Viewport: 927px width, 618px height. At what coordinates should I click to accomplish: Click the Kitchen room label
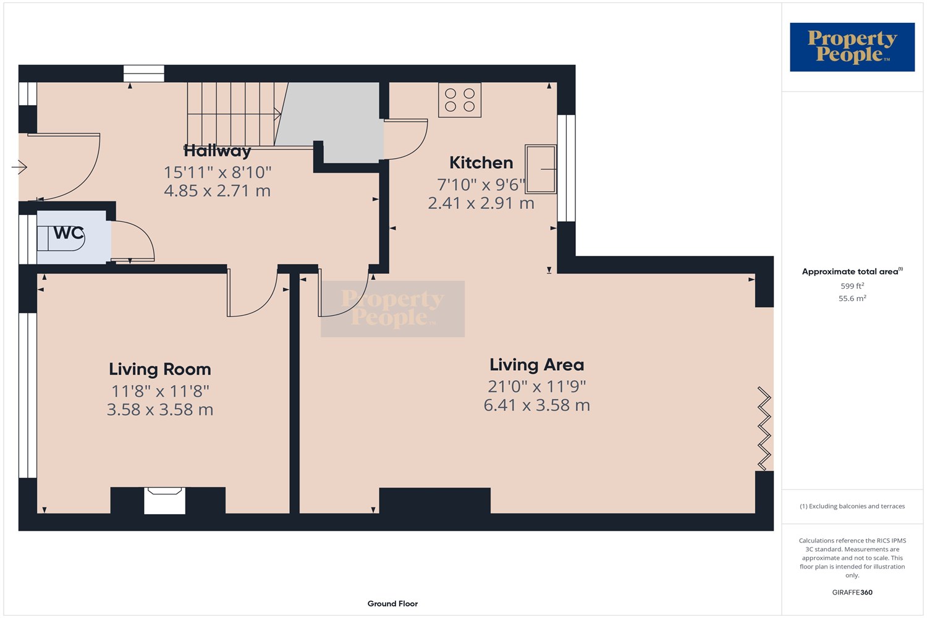click(481, 163)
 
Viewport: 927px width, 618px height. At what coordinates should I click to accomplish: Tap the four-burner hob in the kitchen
click(460, 100)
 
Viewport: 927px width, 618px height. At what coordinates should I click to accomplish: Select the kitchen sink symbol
click(540, 169)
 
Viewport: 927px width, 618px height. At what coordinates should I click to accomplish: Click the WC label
click(69, 233)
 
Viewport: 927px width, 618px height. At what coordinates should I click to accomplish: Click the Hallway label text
click(218, 151)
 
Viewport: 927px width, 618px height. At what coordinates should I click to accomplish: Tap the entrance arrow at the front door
click(19, 167)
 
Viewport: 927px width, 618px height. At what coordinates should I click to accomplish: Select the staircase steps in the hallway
click(232, 114)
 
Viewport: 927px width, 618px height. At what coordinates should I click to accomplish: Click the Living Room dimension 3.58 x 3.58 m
click(160, 410)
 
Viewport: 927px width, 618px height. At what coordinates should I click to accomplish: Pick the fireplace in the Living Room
click(164, 500)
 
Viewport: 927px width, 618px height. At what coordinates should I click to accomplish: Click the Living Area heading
click(536, 365)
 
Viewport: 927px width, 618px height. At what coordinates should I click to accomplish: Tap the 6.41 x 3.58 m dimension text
click(536, 405)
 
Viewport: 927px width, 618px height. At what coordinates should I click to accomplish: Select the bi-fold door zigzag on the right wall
click(764, 429)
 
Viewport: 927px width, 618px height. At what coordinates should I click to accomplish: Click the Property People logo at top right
click(852, 47)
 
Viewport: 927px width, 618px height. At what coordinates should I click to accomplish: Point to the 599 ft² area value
click(852, 286)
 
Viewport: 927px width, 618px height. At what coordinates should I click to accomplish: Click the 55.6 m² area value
click(852, 298)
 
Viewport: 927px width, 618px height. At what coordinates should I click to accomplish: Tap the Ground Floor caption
click(392, 604)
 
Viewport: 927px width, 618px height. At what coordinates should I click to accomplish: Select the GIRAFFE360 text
click(852, 592)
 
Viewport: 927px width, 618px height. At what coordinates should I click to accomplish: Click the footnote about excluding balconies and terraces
click(852, 506)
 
